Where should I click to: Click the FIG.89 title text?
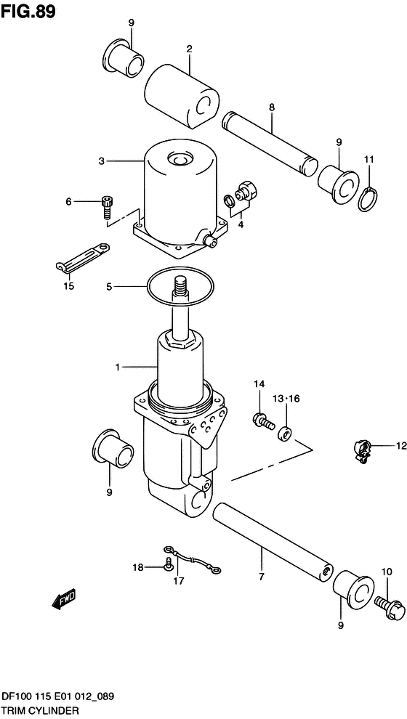coord(28,12)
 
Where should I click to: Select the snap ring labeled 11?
coord(368,200)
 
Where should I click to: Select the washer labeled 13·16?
coord(285,434)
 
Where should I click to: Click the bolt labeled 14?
coord(263,420)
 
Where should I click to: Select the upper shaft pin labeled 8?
coord(270,144)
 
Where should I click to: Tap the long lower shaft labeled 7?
coord(273,540)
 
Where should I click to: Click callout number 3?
coord(102,161)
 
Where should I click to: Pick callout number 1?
coord(118,367)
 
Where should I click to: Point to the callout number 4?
coord(241,224)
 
